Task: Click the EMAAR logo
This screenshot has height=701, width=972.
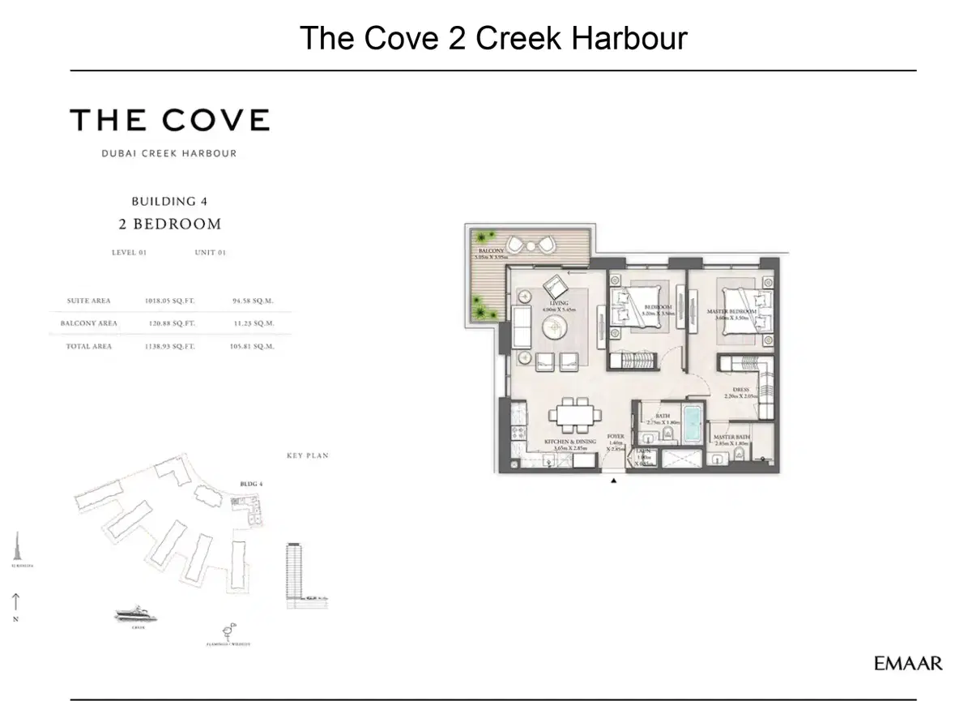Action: (908, 664)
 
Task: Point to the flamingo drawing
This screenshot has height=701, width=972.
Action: (227, 630)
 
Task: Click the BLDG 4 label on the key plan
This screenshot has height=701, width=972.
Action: (251, 484)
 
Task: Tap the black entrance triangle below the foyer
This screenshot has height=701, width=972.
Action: (613, 481)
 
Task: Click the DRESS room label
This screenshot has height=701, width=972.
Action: (740, 390)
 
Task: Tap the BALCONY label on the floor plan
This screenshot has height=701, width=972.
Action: (491, 251)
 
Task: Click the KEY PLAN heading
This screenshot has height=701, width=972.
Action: (307, 456)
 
